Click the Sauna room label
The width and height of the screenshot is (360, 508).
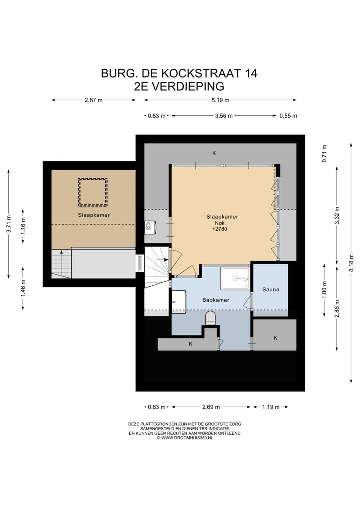tap(270, 289)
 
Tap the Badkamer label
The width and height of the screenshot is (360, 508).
tap(216, 301)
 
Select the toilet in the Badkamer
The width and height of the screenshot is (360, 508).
tap(211, 318)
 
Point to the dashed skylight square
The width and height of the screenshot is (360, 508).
tap(93, 192)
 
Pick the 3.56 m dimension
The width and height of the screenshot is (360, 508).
tap(224, 116)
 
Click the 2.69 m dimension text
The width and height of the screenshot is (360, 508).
tap(209, 407)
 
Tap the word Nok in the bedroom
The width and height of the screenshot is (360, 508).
tap(222, 223)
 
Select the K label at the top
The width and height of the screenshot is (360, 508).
tap(214, 153)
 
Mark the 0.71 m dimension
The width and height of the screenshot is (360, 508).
tap(324, 153)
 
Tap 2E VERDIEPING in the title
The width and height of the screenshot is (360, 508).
tap(179, 86)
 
